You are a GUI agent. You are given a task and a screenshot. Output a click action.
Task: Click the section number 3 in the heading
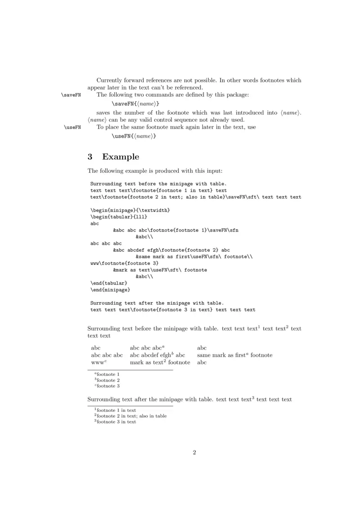coord(90,157)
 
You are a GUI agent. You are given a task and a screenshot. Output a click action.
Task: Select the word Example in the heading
coord(121,157)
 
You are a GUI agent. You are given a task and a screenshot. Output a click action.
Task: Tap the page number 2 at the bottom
coord(194,452)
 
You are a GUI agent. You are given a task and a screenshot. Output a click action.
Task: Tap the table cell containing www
coord(98,362)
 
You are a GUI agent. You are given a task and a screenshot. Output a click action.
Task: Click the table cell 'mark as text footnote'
coord(160,362)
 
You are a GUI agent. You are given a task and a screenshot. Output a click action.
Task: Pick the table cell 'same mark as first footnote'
coord(234,355)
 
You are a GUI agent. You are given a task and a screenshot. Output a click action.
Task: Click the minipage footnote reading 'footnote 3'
coord(107,386)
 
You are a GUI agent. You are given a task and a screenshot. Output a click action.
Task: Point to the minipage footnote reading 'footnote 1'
coord(107,374)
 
